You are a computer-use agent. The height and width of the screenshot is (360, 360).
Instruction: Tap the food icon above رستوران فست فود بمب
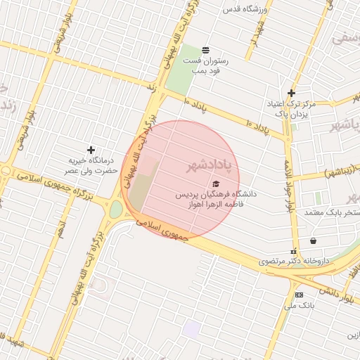tap(205, 50)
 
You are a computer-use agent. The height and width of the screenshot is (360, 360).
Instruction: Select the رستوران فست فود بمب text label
tap(203, 65)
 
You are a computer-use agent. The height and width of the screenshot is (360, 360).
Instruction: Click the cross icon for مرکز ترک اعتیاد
tap(291, 93)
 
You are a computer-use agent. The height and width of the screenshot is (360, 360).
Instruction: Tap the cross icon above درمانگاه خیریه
tap(91, 150)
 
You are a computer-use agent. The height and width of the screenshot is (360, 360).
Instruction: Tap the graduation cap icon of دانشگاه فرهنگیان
tap(215, 184)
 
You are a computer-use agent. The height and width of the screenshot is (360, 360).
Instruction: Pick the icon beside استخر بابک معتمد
tap(313, 241)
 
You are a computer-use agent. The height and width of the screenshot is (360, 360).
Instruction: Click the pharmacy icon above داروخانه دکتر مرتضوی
tap(293, 252)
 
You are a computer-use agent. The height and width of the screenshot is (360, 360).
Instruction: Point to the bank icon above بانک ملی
tap(300, 295)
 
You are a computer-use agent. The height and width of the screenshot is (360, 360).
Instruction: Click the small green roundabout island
tap(115, 210)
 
